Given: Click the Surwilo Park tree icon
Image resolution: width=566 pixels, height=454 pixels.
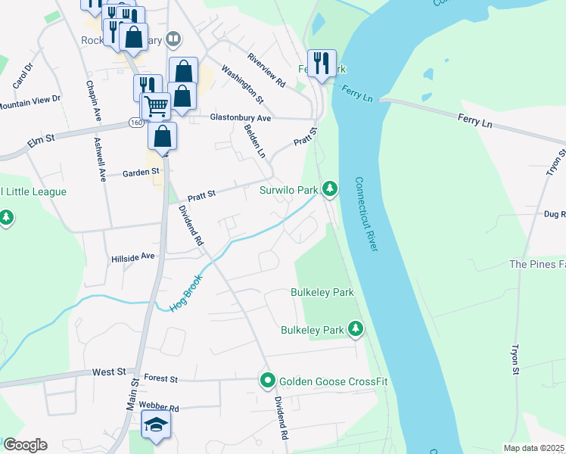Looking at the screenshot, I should point(329,188).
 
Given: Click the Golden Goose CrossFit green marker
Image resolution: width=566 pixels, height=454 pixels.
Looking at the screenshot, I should point(266,381).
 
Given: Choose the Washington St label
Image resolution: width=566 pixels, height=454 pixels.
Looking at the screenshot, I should point(242,84).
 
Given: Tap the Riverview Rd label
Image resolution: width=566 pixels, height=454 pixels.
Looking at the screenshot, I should point(266,70).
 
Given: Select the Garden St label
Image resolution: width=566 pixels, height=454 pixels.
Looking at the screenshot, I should point(141,172).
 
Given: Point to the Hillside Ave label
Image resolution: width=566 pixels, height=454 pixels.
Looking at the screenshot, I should point(132,257).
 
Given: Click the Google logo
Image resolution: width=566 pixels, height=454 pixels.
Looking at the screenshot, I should point(25,445).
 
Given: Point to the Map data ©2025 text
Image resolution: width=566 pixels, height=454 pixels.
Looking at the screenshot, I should point(533,448).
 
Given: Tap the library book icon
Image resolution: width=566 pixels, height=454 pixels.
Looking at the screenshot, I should point(174,39).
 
